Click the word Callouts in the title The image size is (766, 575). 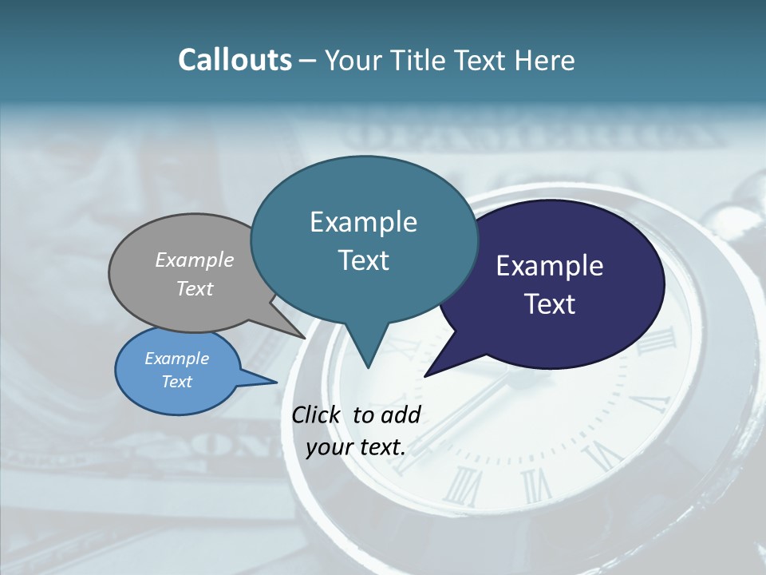point(235,61)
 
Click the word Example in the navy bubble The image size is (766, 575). point(550,266)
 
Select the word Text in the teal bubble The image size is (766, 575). point(364,260)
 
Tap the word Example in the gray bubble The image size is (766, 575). point(195,260)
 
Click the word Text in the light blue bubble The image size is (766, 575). point(177,382)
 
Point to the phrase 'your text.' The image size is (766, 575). point(356,447)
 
